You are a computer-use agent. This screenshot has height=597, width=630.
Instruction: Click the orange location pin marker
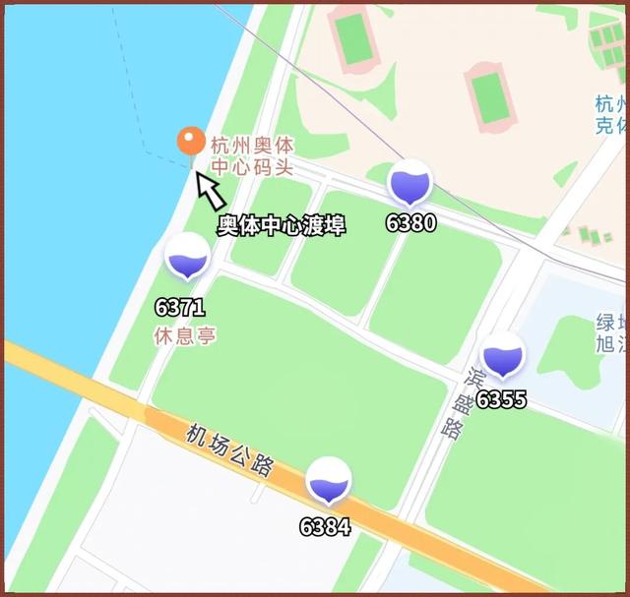[x=191, y=142]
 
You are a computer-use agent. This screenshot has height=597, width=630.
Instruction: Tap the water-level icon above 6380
[x=409, y=184]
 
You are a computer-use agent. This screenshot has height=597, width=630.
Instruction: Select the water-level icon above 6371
[x=186, y=258]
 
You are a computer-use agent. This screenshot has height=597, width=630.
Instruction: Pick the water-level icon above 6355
[x=502, y=356]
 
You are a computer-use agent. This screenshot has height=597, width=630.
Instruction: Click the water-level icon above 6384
[x=328, y=482]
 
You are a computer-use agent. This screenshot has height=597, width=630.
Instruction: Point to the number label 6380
[x=410, y=223]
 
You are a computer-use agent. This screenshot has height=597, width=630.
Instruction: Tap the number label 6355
[x=501, y=399]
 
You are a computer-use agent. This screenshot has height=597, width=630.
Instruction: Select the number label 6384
[x=325, y=527]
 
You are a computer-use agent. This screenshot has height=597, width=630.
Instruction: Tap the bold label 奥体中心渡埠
[x=282, y=224]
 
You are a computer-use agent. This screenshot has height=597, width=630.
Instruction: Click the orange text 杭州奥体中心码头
[x=252, y=155]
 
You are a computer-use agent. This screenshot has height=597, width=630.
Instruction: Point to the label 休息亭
[x=184, y=335]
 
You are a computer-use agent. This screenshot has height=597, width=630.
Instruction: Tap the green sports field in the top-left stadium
[x=351, y=37]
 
